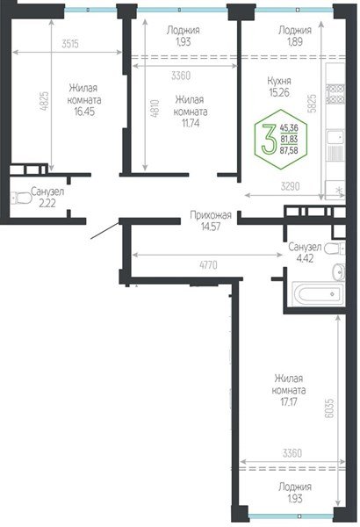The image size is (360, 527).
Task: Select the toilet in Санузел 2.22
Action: tap(18, 195)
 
